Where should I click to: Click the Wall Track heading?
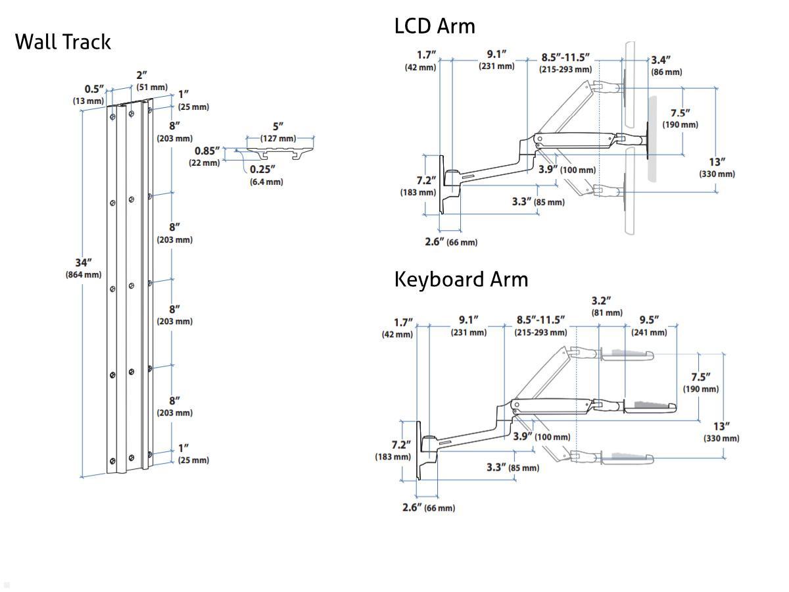(62, 41)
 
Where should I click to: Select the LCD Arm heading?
(434, 26)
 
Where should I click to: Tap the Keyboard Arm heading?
(461, 279)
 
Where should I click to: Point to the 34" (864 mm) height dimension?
(84, 268)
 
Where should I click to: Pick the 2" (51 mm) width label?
(151, 81)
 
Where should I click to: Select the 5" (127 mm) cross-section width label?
(278, 132)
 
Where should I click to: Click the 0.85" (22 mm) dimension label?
(206, 156)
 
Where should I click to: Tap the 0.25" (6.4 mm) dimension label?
(266, 175)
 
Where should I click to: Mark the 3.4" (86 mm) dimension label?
(665, 66)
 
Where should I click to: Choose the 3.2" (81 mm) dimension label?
(606, 307)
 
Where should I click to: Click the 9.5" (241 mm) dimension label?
(649, 326)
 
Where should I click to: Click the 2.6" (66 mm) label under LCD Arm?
(451, 241)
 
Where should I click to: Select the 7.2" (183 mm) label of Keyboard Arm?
(393, 451)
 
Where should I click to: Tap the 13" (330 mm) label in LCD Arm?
(717, 167)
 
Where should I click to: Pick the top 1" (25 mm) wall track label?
(192, 100)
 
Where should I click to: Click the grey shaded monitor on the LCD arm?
(652, 138)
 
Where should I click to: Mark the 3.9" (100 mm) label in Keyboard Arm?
(542, 437)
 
